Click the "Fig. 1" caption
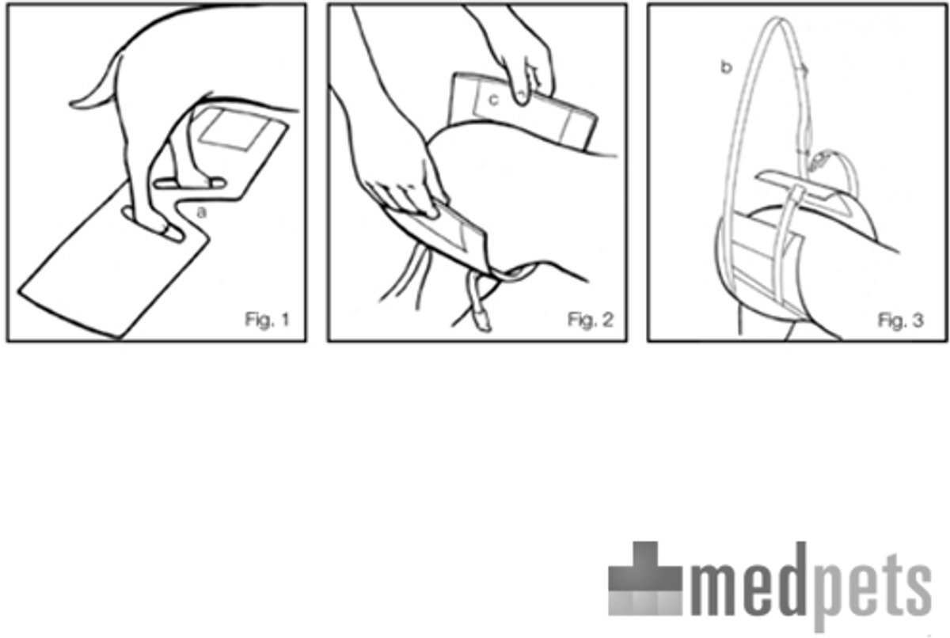tap(268, 319)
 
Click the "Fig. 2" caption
tap(591, 320)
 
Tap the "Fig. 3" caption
tap(900, 320)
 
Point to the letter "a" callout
tap(202, 212)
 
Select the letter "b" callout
tap(727, 67)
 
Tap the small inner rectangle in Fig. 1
tap(234, 129)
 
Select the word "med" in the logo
tap(749, 580)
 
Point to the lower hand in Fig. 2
tap(407, 187)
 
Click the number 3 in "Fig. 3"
tap(918, 320)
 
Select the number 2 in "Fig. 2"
tap(608, 320)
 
